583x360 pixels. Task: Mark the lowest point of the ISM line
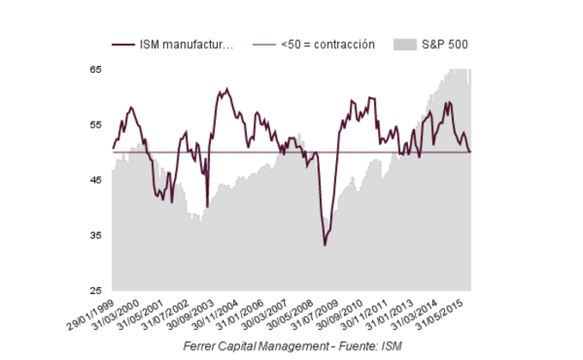[325, 245]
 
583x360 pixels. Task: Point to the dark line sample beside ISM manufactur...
[123, 45]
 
